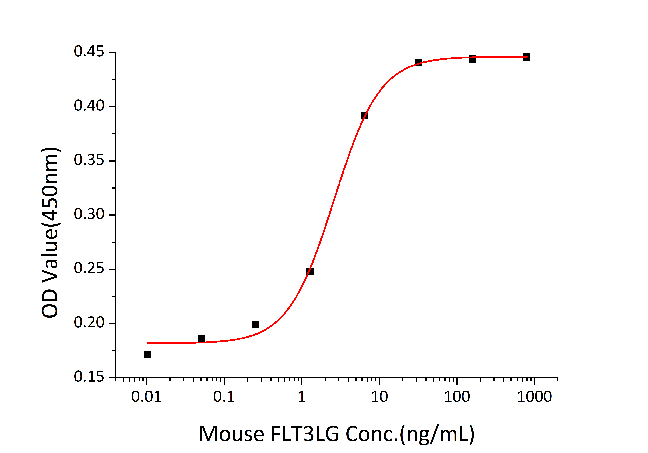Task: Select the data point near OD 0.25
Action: (x=310, y=271)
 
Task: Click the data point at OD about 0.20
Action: (x=256, y=324)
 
